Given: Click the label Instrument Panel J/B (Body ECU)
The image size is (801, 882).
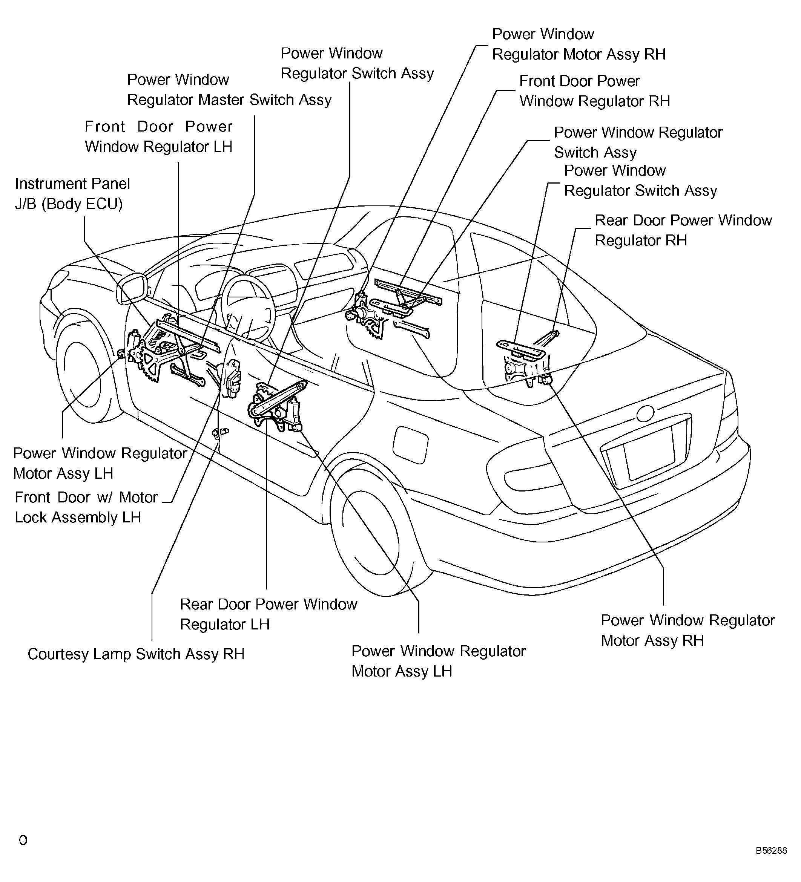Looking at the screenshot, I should pyautogui.click(x=72, y=194).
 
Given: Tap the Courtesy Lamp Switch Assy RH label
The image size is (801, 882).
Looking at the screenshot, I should pyautogui.click(x=136, y=654).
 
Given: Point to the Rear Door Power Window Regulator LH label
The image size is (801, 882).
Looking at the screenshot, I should pyautogui.click(x=268, y=614).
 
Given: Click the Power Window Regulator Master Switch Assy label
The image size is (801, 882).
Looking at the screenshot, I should pyautogui.click(x=229, y=90).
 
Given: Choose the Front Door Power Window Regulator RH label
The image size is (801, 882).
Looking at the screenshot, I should pyautogui.click(x=594, y=91).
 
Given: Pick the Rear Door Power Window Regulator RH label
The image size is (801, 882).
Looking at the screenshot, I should pyautogui.click(x=683, y=230).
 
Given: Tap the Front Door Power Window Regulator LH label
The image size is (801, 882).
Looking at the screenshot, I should pyautogui.click(x=158, y=136).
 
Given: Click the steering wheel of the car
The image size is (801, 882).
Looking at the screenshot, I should pyautogui.click(x=248, y=306).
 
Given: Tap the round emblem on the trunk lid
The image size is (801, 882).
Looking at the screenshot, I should pyautogui.click(x=645, y=413).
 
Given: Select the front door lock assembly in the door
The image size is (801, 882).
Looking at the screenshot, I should pyautogui.click(x=232, y=378).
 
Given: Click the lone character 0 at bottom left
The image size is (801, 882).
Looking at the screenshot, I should pyautogui.click(x=23, y=840).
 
